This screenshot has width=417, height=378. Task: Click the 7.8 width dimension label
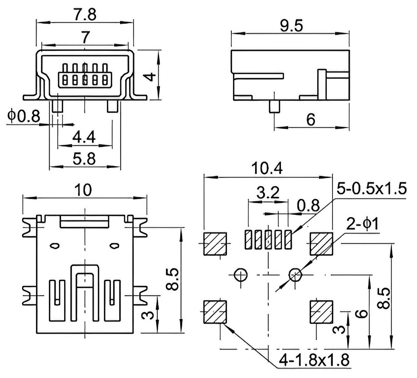point(85,14)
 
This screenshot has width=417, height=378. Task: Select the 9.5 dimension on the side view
point(291,25)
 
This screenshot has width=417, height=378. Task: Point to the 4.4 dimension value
point(84,137)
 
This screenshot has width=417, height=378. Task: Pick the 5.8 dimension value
point(84,159)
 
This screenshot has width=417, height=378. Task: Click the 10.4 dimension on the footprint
point(267,168)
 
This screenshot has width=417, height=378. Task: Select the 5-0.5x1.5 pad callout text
point(372,188)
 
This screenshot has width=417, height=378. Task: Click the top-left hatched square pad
point(215,244)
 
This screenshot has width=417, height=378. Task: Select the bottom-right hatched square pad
point(321,312)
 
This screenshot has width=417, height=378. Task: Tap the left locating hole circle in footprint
point(241,275)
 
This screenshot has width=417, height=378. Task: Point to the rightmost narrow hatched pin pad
point(288,239)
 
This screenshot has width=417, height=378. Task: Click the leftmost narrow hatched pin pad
point(248,239)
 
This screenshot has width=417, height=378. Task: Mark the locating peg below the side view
point(274,107)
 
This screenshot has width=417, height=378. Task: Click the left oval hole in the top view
point(55,246)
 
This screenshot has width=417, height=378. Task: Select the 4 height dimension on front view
point(151,77)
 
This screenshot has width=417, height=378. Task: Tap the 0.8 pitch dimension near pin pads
point(308,205)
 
